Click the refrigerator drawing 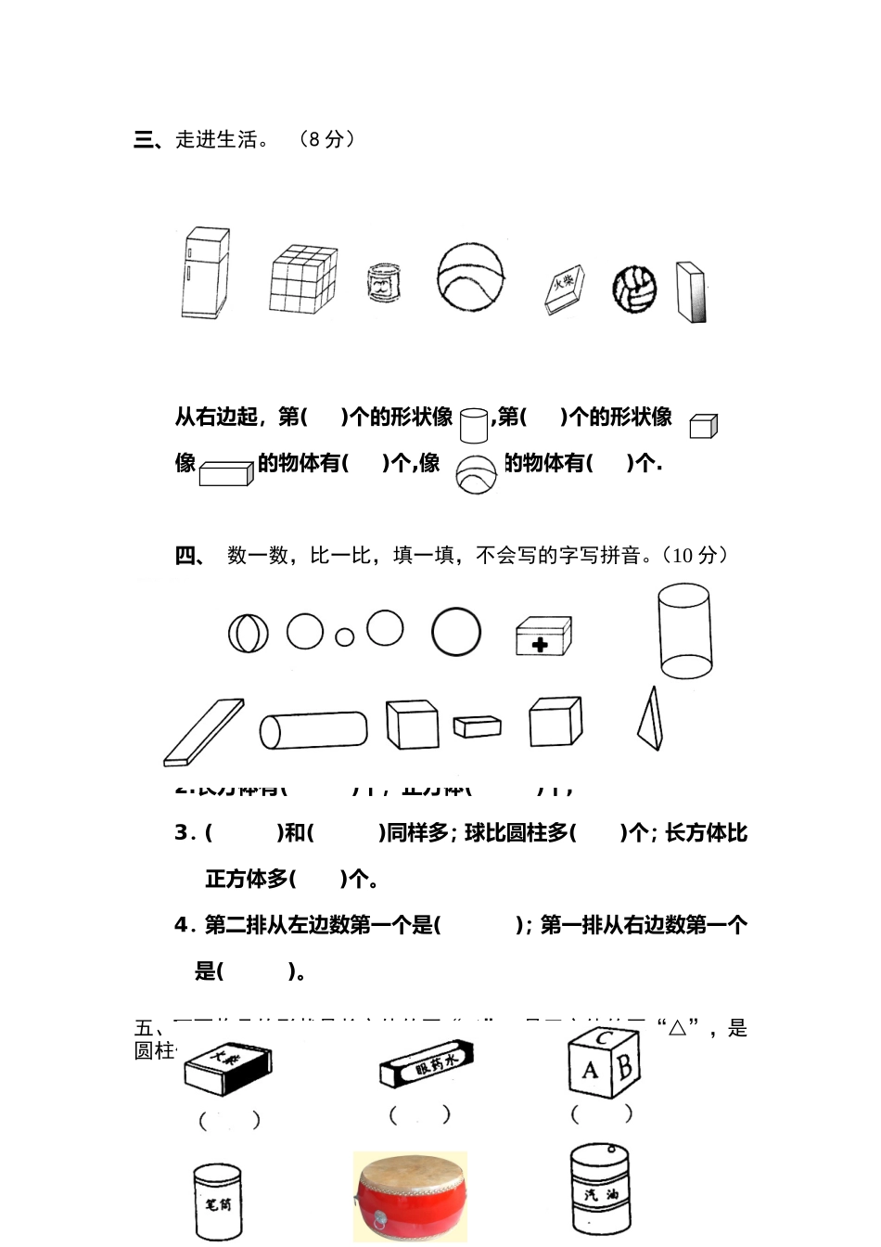[204, 274]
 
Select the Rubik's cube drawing [303, 278]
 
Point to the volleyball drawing [634, 289]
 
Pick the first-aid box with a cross [543, 636]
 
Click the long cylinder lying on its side [313, 730]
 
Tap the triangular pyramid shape [651, 719]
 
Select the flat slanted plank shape [204, 732]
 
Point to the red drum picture [410, 1196]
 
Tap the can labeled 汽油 [600, 1189]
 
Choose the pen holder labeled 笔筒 [218, 1202]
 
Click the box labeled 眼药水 [427, 1064]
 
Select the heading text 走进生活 [217, 139]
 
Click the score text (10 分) [696, 556]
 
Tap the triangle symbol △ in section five [677, 1027]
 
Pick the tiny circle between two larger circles [345, 636]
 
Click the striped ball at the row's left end [249, 634]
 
